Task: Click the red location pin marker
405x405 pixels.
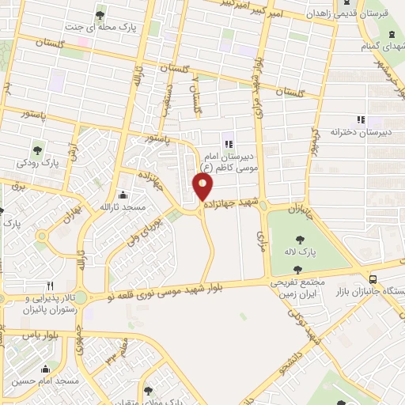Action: click(202, 187)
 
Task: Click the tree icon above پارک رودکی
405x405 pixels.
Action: click(37, 150)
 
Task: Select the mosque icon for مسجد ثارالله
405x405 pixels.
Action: click(122, 195)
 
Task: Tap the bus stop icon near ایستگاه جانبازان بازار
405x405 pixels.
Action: click(373, 278)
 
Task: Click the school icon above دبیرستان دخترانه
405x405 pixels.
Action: click(360, 120)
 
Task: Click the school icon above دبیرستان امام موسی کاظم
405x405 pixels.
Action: click(228, 143)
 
